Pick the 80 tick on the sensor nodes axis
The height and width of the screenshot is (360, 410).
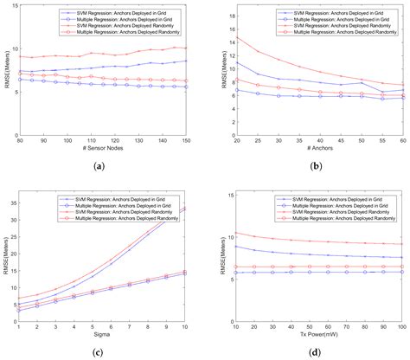(19, 141)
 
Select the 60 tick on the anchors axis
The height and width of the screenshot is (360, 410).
(403, 141)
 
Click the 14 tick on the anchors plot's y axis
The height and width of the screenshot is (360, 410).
(228, 41)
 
